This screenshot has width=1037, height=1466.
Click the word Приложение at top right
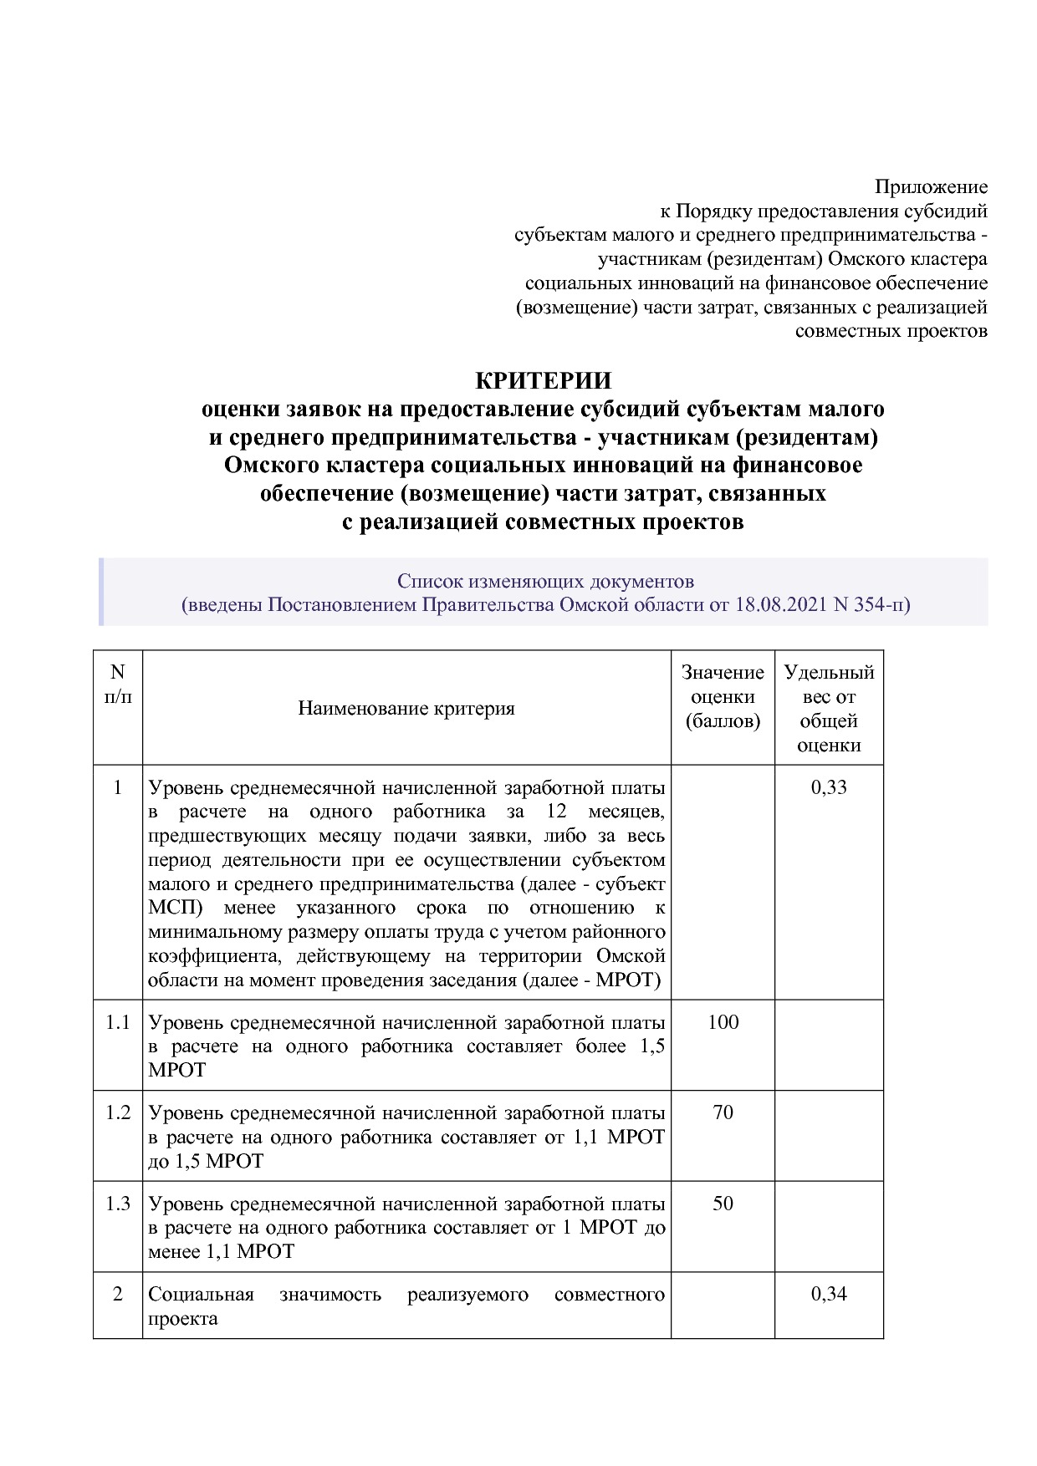point(931,186)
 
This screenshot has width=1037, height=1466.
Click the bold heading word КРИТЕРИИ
point(544,380)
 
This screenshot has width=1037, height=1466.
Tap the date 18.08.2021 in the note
point(782,604)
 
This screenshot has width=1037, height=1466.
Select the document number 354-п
point(881,604)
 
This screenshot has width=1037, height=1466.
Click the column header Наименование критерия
point(406,709)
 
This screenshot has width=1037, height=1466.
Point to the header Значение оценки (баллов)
point(723,696)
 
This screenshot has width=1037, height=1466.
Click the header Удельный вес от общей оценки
point(829,708)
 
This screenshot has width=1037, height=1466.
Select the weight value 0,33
point(829,787)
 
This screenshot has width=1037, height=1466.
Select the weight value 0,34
point(829,1294)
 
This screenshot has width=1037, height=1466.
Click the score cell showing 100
point(723,1022)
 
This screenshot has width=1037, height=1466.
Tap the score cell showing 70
point(723,1112)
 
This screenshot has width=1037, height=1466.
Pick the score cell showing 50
point(723,1204)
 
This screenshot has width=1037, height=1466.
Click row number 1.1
point(118,1022)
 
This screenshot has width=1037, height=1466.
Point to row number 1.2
point(118,1112)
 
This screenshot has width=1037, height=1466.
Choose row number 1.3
point(118,1204)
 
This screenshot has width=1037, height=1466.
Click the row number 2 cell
point(118,1294)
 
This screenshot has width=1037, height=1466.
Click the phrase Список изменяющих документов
point(545,580)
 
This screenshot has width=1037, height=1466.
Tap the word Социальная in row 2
point(201,1295)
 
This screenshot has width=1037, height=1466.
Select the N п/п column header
point(118,684)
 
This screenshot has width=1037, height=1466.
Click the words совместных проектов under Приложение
point(891,331)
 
